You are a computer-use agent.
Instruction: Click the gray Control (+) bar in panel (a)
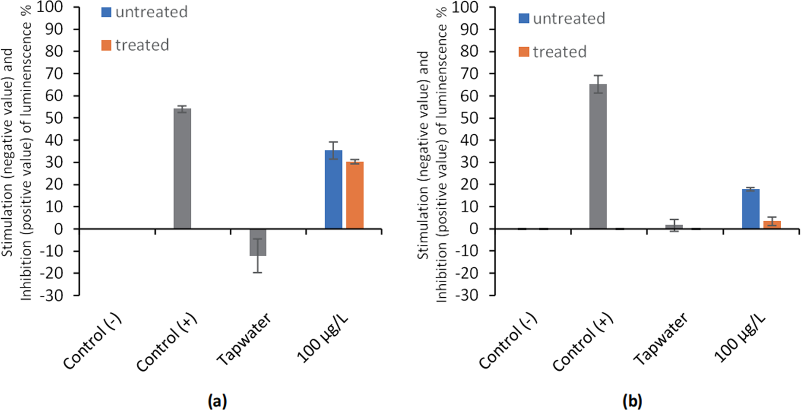[x=182, y=169]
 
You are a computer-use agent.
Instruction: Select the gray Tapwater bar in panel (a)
[x=258, y=242]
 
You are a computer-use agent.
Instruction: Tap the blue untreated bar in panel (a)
[x=333, y=190]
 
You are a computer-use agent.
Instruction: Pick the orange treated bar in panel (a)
[x=354, y=195]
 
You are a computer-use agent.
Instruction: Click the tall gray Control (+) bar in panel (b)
[x=598, y=157]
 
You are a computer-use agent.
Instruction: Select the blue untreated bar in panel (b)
[x=750, y=209]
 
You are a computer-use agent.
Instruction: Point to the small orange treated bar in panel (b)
[x=772, y=225]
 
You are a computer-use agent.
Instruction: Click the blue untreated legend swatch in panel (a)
[x=106, y=12]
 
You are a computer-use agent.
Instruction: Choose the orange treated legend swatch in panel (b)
[x=524, y=52]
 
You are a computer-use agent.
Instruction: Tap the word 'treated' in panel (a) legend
[x=142, y=45]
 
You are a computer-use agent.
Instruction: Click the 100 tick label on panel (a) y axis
[x=50, y=7]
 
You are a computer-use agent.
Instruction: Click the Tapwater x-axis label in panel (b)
[x=660, y=339]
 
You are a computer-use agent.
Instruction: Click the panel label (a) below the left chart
[x=217, y=401]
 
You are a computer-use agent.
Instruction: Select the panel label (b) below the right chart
[x=632, y=401]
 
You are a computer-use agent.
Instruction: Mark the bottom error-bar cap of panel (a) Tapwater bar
[x=257, y=273]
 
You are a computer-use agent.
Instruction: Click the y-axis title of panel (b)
[x=432, y=154]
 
